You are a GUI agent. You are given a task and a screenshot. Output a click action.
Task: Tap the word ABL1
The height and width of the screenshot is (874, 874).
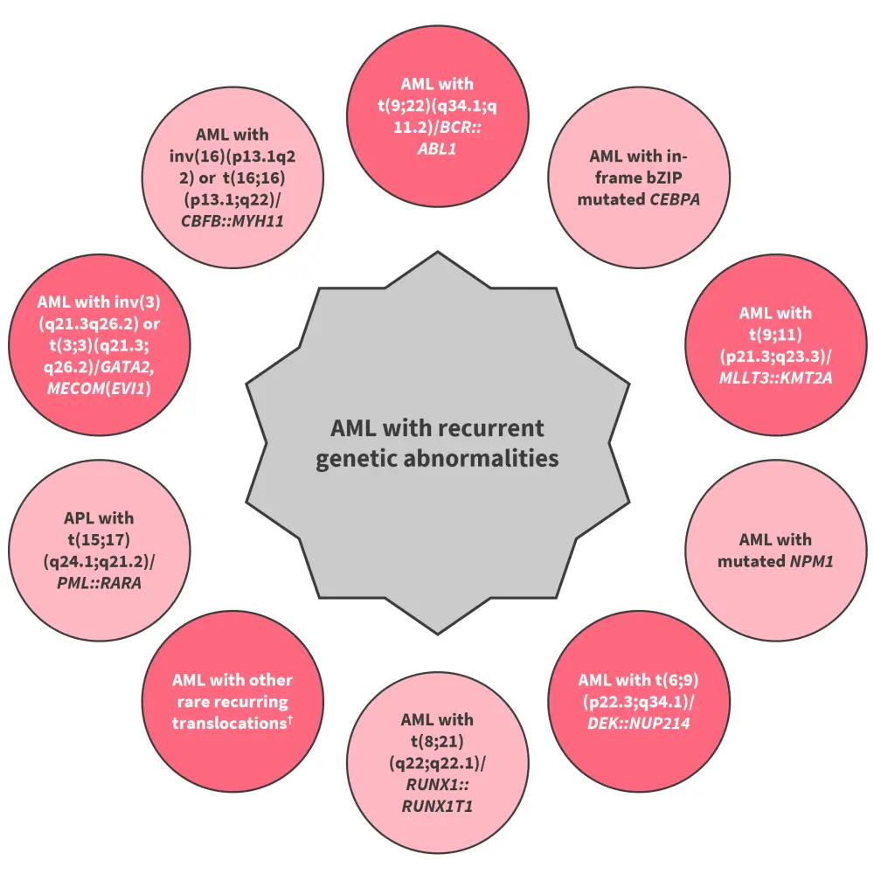pos(437,149)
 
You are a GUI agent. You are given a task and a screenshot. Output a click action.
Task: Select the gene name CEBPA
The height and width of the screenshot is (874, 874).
pos(674,198)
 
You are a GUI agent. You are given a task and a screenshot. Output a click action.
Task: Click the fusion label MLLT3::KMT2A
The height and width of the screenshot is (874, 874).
pos(774,377)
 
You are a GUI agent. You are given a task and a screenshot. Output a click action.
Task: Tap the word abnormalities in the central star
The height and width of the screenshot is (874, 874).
pos(490,457)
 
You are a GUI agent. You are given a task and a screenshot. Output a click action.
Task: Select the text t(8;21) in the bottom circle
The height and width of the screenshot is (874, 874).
pos(436,740)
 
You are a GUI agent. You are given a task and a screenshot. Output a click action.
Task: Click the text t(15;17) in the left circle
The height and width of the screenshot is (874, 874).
pos(98,539)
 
